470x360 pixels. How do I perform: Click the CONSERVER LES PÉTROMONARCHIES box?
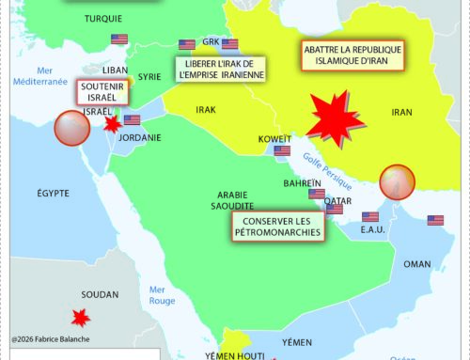click(x=274, y=225)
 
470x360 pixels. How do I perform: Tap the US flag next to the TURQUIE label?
click(x=118, y=39)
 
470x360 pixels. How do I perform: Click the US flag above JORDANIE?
click(x=132, y=120)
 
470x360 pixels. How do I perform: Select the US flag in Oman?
click(x=434, y=221)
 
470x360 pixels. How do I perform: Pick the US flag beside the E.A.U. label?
click(x=369, y=217)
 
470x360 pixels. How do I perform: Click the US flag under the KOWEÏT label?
click(x=281, y=150)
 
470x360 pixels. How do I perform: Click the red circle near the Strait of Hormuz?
click(x=396, y=180)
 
